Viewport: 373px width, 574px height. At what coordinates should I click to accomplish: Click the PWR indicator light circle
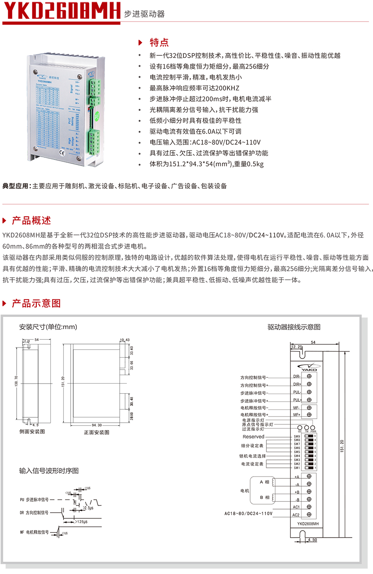coord(313,428)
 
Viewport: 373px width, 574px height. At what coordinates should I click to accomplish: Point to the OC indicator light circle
coord(300,428)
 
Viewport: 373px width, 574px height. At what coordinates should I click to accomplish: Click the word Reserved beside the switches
coord(253,437)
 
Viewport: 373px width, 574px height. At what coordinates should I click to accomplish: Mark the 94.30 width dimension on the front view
coord(97,425)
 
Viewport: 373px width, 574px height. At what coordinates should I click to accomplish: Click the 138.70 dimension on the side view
coord(16,380)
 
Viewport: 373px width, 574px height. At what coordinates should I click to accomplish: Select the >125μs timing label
coord(82,521)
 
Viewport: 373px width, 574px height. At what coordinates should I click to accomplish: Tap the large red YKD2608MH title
coord(61,11)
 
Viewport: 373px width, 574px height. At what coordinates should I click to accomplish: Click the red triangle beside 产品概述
coord(5,220)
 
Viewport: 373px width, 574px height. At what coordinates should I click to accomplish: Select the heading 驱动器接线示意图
coord(294,327)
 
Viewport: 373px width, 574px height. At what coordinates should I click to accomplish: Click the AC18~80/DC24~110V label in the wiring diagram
coord(248,513)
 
